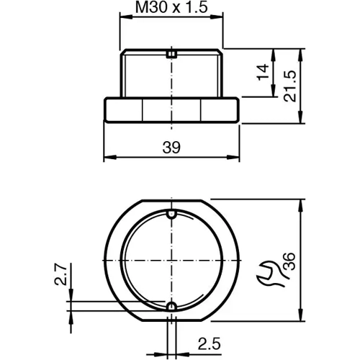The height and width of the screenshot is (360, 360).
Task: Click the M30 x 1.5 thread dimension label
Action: point(171,9)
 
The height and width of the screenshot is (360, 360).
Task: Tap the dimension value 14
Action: point(262,72)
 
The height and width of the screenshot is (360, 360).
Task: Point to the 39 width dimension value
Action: point(171,147)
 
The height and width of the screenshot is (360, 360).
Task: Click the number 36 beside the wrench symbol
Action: point(289,262)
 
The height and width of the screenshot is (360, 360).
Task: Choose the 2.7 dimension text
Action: point(61,275)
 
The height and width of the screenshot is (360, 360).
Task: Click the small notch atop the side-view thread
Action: point(171,52)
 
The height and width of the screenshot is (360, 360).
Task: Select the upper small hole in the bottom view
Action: point(171,215)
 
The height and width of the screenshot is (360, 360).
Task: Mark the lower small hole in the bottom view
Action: point(171,307)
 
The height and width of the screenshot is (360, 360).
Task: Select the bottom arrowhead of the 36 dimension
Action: point(300,318)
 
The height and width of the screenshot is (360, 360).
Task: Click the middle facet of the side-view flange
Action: point(171,110)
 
